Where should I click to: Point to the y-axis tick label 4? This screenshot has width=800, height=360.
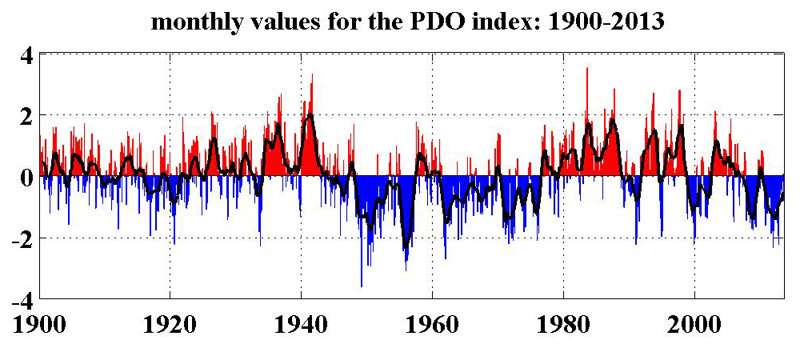[x=26, y=57]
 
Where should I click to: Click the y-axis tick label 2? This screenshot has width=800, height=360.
[x=26, y=117]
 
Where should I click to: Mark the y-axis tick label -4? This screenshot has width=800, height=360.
[x=21, y=301]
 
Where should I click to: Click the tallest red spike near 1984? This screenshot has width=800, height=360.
[x=587, y=69]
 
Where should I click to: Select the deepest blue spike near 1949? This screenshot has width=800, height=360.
[x=362, y=285]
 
